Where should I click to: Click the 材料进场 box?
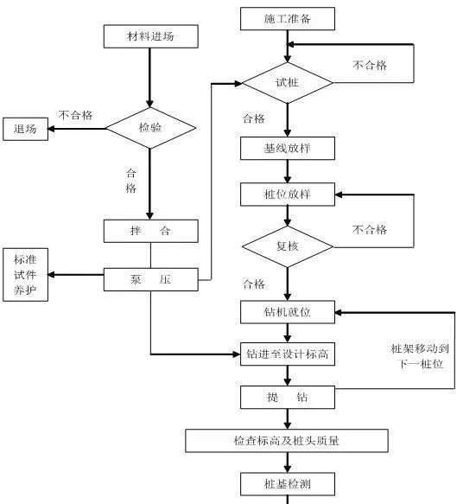(x=150, y=36)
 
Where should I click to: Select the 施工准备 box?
(x=287, y=18)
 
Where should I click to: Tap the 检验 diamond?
(x=150, y=128)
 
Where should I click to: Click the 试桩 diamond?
(x=287, y=82)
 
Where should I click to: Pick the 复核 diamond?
(x=287, y=246)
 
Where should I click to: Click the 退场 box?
(x=25, y=130)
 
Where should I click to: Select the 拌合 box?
(x=150, y=231)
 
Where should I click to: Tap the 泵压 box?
(x=150, y=278)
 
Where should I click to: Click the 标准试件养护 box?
(x=25, y=275)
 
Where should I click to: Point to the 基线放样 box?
(x=287, y=148)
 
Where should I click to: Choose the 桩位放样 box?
(x=287, y=194)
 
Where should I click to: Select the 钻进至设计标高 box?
(x=287, y=354)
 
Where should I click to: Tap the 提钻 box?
(x=287, y=397)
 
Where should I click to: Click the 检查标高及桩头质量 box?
(x=287, y=441)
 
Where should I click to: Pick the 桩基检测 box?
(x=287, y=483)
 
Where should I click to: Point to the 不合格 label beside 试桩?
(x=370, y=65)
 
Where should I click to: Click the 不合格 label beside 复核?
(x=370, y=229)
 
